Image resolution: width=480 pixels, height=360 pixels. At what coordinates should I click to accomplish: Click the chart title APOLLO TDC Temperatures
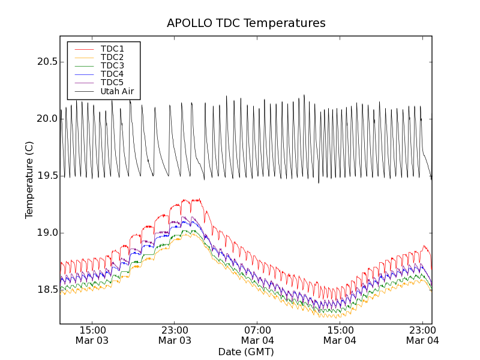click(x=246, y=23)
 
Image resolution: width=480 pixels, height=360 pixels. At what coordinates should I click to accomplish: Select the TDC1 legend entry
click(x=112, y=49)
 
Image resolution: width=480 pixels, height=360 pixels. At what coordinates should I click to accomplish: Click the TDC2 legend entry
click(x=112, y=57)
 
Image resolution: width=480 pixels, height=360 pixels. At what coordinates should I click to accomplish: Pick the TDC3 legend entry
click(x=112, y=65)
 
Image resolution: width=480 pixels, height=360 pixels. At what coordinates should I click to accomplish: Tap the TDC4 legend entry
click(x=112, y=74)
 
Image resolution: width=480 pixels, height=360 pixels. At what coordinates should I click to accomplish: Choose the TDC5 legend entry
click(x=112, y=82)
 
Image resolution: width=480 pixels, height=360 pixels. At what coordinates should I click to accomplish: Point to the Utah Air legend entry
click(x=117, y=92)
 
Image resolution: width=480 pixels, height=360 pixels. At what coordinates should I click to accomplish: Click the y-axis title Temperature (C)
click(x=29, y=180)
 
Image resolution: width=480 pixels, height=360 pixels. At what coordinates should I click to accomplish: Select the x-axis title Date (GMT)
click(x=246, y=352)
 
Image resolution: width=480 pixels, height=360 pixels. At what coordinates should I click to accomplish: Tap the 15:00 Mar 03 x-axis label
click(x=92, y=335)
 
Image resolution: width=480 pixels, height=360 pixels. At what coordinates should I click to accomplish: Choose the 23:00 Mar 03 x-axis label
click(x=175, y=335)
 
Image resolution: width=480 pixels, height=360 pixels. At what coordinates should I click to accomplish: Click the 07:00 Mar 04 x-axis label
click(x=257, y=335)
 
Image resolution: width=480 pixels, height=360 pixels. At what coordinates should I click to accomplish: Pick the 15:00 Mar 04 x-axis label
click(x=340, y=335)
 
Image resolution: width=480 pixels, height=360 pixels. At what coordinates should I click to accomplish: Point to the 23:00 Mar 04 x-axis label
click(x=422, y=335)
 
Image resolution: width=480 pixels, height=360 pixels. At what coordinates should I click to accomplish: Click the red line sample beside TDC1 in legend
click(x=83, y=49)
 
